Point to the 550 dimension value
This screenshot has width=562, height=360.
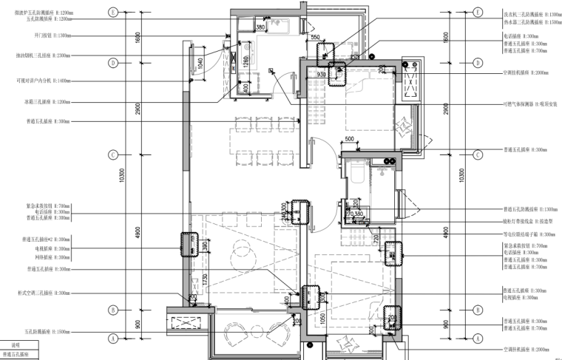[x=314, y=37]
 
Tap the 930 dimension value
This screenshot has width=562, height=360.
[x=321, y=74]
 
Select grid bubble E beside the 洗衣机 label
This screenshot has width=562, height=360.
[x=478, y=13]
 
